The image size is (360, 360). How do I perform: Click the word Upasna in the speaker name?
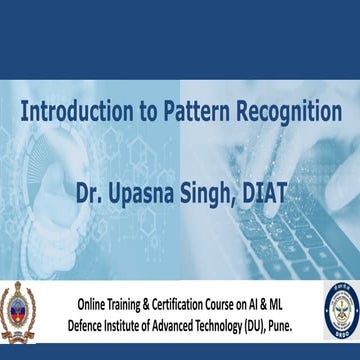(x=147, y=187)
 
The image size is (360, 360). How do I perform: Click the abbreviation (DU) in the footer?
(x=283, y=323)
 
